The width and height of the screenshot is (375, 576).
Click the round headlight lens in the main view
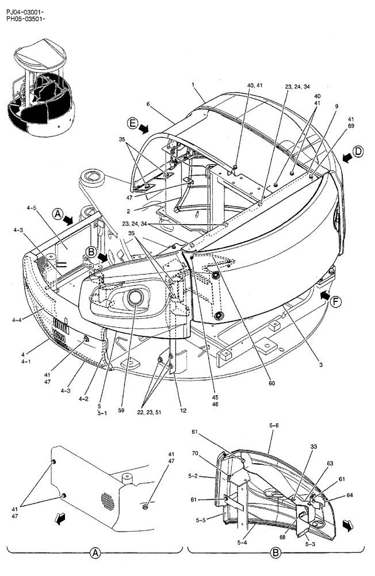[x=136, y=298]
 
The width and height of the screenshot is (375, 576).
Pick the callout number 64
[x=350, y=495]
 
